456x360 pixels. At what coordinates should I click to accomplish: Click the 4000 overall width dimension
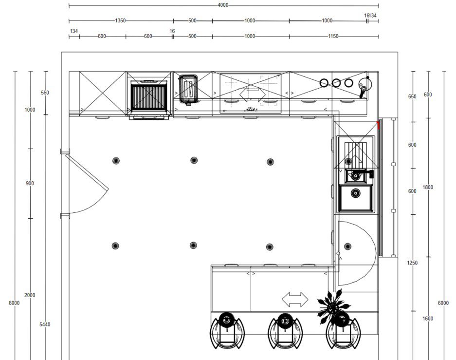coord(223,5)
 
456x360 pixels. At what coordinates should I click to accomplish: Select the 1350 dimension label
coord(120,20)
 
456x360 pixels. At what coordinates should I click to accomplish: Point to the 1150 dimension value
coord(333,37)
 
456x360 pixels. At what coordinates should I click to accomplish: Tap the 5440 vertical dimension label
coord(45,324)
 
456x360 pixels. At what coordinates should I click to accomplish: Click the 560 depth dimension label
coord(45,93)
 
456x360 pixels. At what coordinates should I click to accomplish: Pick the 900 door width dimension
coord(30,183)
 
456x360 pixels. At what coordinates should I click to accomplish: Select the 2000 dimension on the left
coord(30,295)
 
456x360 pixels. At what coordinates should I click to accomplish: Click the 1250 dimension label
coord(412,263)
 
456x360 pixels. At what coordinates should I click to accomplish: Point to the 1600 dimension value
coord(428,319)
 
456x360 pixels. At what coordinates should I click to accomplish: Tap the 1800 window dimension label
coord(428,188)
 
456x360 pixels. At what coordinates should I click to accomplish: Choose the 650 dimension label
coord(412,96)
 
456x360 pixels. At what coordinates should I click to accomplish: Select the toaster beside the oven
coord(188,89)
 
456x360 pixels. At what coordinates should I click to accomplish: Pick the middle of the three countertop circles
coord(336,83)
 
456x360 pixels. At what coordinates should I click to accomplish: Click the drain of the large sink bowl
coord(355,192)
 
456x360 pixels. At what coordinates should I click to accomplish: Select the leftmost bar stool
coord(227,331)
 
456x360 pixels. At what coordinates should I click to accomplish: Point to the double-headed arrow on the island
coord(295,299)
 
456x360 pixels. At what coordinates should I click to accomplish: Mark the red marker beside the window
coord(379,125)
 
